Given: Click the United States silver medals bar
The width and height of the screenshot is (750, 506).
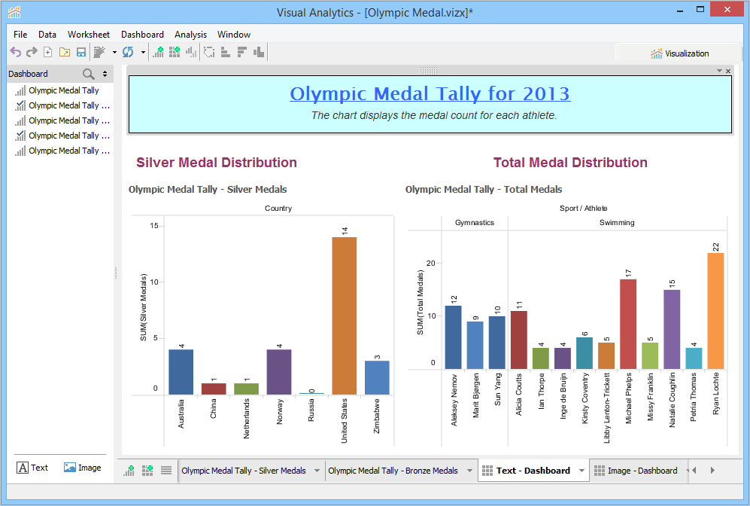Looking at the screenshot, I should [x=344, y=315].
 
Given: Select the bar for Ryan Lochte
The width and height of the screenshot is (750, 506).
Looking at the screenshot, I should [x=715, y=310].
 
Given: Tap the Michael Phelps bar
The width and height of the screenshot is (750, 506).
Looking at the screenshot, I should [x=628, y=324].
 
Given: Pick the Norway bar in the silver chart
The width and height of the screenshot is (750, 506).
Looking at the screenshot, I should [x=278, y=371].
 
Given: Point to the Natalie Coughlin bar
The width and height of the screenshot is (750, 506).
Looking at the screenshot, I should [x=672, y=329].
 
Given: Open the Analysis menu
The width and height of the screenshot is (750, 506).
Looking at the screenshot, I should [x=190, y=35].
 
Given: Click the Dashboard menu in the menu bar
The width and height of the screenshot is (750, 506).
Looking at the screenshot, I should [x=142, y=35].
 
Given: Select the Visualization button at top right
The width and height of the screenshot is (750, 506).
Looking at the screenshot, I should [x=680, y=53].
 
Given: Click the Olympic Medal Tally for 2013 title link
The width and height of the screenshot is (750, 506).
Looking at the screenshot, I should [x=430, y=94].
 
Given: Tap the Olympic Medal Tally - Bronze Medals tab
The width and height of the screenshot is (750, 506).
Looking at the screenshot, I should [x=393, y=471].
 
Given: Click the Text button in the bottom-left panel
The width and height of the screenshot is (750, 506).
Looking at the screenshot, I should [x=32, y=468].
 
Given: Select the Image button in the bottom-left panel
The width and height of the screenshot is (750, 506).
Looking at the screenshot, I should [x=83, y=468].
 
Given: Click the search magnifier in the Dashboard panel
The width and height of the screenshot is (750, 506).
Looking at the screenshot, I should [x=89, y=74].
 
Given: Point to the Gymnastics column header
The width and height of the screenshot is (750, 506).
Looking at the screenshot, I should [x=475, y=223].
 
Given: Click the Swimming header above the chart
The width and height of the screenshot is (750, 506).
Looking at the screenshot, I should [x=617, y=223].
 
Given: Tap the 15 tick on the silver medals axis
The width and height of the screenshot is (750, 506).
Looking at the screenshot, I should [x=153, y=226].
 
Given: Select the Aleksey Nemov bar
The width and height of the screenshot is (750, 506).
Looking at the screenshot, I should [x=454, y=337].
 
